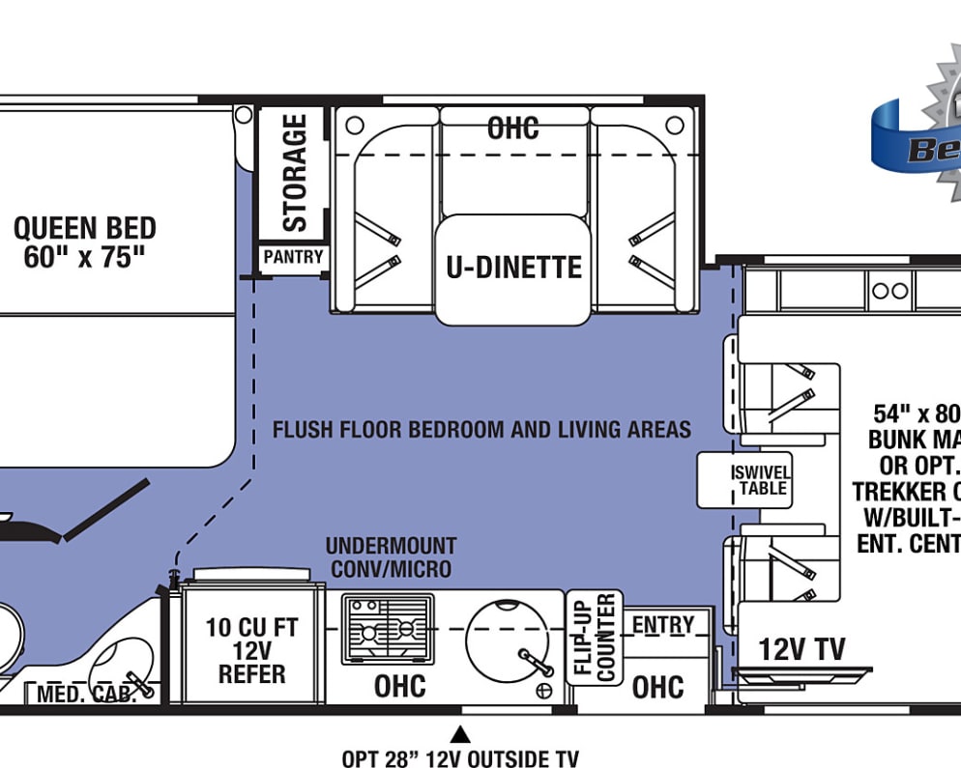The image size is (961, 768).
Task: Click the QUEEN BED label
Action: (x=85, y=242)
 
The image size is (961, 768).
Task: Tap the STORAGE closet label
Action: (x=294, y=173)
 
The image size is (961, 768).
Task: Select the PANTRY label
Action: (x=294, y=258)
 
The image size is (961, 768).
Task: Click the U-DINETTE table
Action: (x=512, y=268)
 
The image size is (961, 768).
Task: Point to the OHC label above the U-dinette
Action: (x=512, y=128)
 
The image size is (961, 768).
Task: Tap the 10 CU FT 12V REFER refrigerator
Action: (x=246, y=650)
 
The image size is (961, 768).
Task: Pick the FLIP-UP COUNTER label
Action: (x=595, y=638)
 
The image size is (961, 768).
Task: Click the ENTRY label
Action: (x=663, y=625)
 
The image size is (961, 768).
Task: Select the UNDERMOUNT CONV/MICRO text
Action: (x=391, y=557)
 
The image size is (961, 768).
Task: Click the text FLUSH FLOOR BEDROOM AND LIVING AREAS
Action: (x=481, y=429)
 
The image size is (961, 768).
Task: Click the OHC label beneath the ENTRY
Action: (x=657, y=687)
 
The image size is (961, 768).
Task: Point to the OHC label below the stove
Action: (x=399, y=686)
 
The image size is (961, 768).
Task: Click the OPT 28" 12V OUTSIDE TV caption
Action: (x=460, y=758)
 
